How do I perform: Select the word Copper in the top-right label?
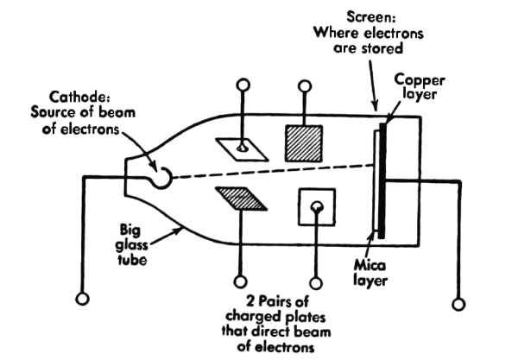(x=417, y=78)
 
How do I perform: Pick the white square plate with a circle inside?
(x=317, y=208)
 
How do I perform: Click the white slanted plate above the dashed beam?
(x=242, y=149)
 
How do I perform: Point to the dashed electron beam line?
(x=268, y=172)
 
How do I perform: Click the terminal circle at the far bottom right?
(x=458, y=303)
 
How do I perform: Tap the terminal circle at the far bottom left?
(x=83, y=299)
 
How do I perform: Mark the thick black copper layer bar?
(x=382, y=181)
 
